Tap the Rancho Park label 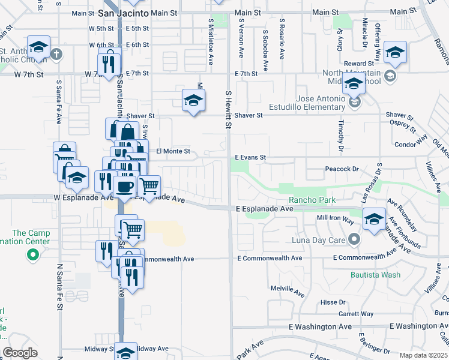(x=311, y=200)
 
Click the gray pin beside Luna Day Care (x=354, y=239)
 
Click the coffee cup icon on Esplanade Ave (x=125, y=187)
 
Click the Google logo (x=20, y=353)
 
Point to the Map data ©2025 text (x=423, y=355)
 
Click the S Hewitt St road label (x=228, y=110)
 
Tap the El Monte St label (x=173, y=152)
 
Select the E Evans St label (x=250, y=157)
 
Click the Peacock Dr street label (x=341, y=169)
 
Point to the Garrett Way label (x=355, y=314)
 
